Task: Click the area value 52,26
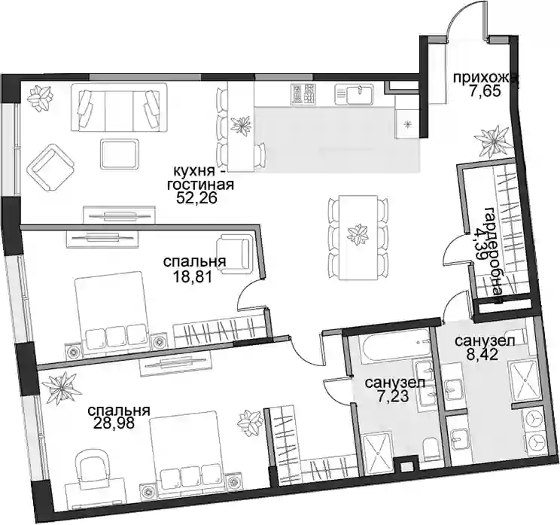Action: pyautogui.click(x=196, y=198)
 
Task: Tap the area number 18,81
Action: pyautogui.click(x=193, y=276)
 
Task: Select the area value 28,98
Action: pyautogui.click(x=114, y=423)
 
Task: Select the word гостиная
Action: pyautogui.click(x=200, y=185)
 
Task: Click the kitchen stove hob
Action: pyautogui.click(x=304, y=94)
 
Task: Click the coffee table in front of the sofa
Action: pyautogui.click(x=119, y=154)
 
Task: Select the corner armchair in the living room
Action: pyautogui.click(x=51, y=168)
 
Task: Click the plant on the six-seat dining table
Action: pyautogui.click(x=358, y=236)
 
